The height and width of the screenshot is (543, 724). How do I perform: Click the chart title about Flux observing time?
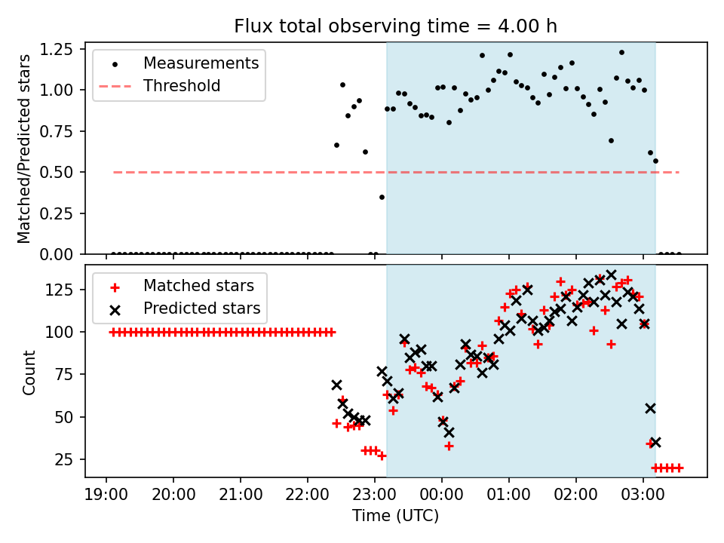coord(396,26)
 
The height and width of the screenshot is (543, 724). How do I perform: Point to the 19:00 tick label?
coord(106,497)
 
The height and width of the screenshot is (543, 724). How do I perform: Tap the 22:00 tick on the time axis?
coord(308,497)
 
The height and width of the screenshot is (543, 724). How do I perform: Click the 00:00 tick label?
coord(442,497)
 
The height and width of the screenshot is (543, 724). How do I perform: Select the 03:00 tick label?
coord(643,497)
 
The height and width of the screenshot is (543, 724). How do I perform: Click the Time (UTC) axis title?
coord(396,517)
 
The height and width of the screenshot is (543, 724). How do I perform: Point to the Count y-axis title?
coord(29,372)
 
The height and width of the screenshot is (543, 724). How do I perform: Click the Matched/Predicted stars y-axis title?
coord(24,149)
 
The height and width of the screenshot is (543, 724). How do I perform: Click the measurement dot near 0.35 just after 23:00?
coord(382,197)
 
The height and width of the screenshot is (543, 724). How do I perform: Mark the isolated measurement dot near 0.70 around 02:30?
coord(611,140)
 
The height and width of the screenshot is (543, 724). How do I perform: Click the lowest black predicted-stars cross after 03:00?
coord(655,442)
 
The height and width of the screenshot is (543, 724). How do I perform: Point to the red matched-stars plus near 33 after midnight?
coord(449,446)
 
